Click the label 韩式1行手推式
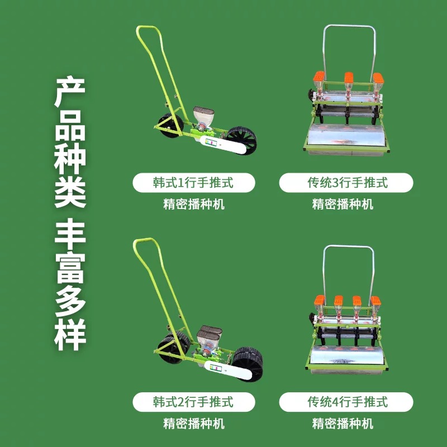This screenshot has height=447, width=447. [x=193, y=183]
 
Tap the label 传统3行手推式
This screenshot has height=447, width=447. [x=347, y=183]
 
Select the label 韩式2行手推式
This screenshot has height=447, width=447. [x=193, y=401]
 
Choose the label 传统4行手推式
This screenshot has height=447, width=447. [x=347, y=401]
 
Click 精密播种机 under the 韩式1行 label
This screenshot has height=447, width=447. [x=193, y=204]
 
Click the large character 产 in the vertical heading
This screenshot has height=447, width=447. [x=70, y=93]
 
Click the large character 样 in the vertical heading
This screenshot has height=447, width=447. [x=70, y=335]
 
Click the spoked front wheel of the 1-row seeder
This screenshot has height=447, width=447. [x=241, y=140]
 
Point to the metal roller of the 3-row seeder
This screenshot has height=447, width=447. [x=347, y=137]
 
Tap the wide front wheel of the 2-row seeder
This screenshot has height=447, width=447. [x=246, y=364]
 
